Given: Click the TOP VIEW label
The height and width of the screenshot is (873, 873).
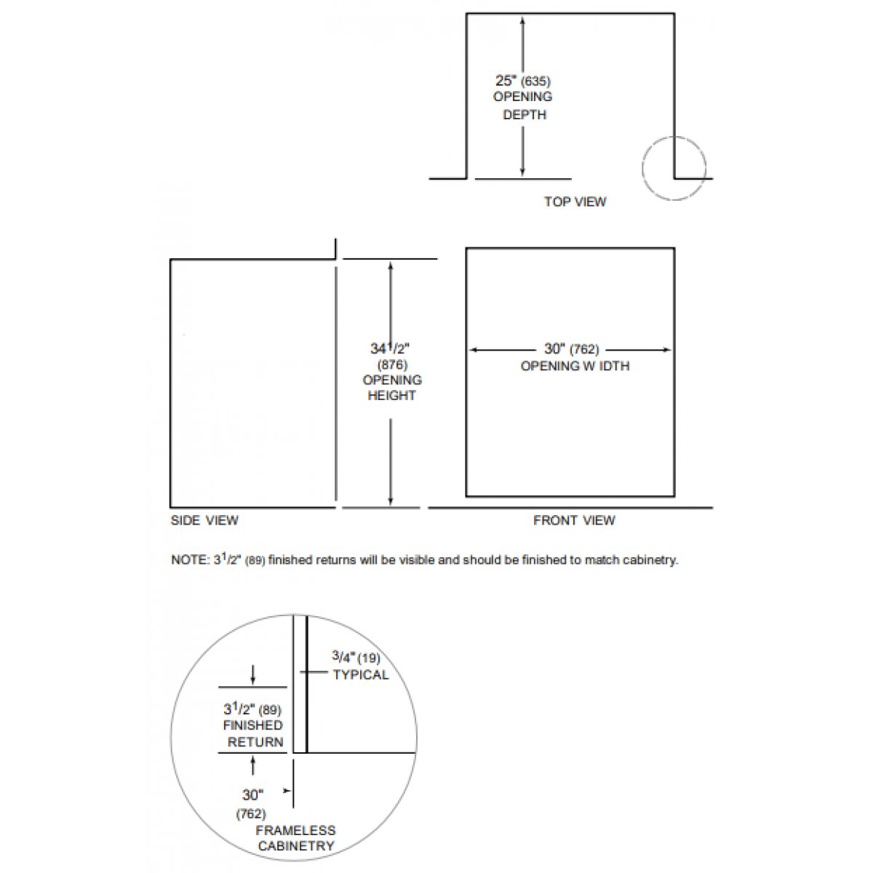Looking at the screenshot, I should click(575, 202).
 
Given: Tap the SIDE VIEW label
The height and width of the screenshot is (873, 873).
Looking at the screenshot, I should click(204, 520).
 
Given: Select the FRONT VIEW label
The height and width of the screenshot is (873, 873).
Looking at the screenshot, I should click(574, 520).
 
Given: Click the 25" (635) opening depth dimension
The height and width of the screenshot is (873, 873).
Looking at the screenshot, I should click(523, 81).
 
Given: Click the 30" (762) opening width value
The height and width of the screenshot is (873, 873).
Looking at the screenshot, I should click(572, 349).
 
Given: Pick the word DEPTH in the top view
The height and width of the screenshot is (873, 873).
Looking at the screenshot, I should click(525, 115).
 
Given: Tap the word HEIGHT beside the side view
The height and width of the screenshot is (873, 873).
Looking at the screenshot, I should click(391, 396).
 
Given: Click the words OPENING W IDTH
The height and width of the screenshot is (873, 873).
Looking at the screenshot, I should click(575, 366).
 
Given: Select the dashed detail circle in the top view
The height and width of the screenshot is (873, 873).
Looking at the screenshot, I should click(674, 168).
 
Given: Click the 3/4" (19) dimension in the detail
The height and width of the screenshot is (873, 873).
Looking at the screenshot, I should click(356, 658).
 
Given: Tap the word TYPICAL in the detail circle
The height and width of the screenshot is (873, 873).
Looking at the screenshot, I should click(361, 675).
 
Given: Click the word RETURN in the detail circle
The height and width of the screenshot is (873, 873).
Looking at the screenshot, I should click(255, 742).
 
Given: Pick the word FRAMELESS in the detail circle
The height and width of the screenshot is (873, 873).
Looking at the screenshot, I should click(295, 830).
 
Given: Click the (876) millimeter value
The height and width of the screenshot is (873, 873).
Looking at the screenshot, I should click(392, 364).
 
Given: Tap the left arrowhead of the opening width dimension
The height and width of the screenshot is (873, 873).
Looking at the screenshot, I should click(473, 350).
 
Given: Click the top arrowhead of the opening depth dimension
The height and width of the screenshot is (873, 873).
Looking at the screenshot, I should click(522, 20).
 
